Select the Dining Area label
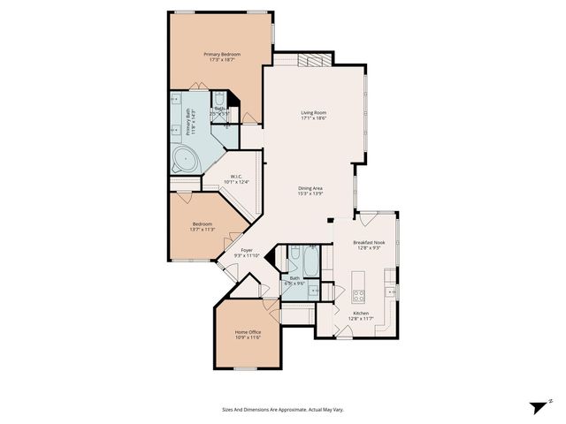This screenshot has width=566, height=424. [x=310, y=187]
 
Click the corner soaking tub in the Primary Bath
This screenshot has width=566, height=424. [x=185, y=160]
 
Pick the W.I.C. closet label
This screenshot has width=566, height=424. [x=237, y=177]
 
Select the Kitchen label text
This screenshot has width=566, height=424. [x=361, y=314]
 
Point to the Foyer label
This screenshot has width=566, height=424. [x=248, y=250]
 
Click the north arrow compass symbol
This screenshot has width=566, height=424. [x=538, y=406]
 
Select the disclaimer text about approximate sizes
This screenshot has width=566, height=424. [x=282, y=410]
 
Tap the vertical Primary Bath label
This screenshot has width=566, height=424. [x=188, y=122]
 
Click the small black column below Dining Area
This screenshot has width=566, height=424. [x=329, y=219]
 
